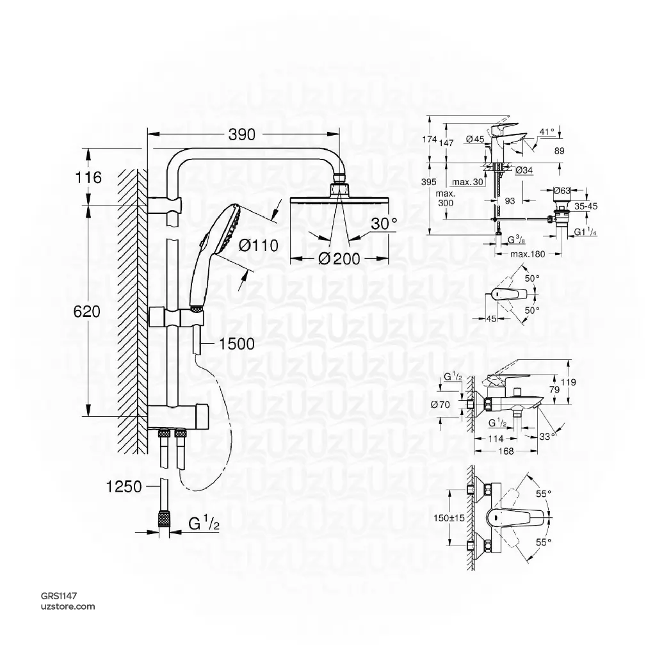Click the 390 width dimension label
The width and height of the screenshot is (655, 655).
(x=241, y=134)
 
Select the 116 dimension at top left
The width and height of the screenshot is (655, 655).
(x=88, y=177)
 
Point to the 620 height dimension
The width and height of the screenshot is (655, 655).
(x=88, y=312)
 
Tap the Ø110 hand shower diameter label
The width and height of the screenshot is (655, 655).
(x=259, y=245)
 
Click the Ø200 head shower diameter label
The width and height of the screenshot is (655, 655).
(x=338, y=258)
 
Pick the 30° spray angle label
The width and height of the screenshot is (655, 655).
(x=384, y=223)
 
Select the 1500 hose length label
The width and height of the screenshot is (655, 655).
(x=236, y=344)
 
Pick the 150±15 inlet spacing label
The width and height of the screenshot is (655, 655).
(x=448, y=517)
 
